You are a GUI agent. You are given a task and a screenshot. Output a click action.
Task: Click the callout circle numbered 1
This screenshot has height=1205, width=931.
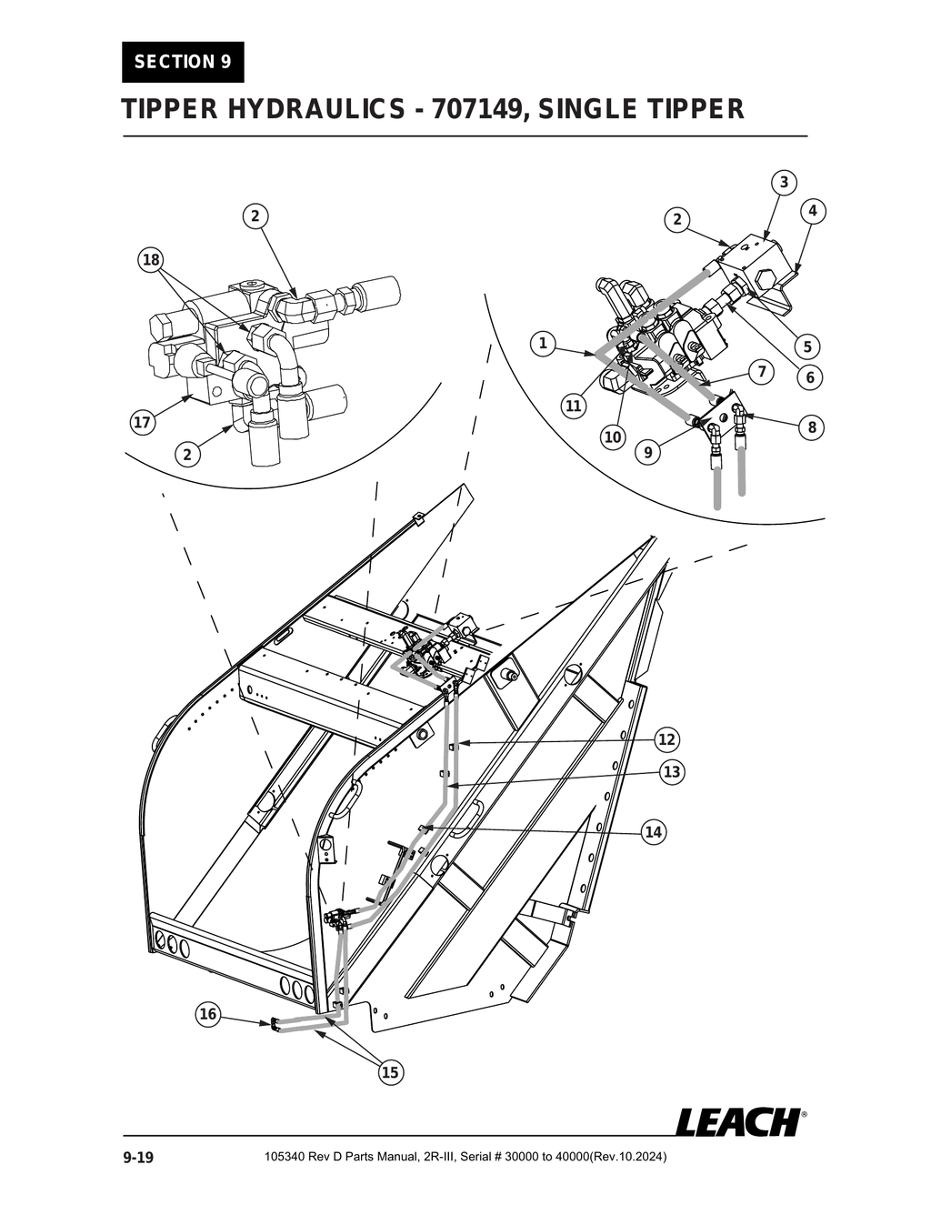coord(543,343)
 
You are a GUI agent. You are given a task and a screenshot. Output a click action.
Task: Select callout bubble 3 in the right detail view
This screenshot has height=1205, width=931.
coord(784,182)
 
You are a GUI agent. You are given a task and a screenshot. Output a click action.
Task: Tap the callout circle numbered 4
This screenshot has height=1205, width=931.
coord(812,211)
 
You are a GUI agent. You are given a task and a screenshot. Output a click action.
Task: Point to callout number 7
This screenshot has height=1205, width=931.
coord(761,371)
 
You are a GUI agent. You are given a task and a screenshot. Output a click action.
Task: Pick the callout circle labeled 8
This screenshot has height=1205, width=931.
coord(812,427)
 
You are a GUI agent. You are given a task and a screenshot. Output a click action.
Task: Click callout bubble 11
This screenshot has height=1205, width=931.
coord(573,406)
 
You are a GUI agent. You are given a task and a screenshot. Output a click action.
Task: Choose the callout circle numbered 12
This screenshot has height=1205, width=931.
coord(667,738)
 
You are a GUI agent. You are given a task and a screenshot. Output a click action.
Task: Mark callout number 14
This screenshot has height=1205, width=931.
coord(653,831)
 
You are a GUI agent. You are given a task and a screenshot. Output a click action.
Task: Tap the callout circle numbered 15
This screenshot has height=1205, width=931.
coord(389,1072)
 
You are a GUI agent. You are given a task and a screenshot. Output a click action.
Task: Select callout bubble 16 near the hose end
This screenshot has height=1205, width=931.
coord(208,1014)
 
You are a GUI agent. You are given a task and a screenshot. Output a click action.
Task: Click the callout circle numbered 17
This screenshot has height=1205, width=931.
coord(142,423)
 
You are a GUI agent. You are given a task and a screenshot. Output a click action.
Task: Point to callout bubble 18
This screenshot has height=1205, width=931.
coord(150,260)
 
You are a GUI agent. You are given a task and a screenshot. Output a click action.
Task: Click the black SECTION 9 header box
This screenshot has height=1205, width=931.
coord(183,62)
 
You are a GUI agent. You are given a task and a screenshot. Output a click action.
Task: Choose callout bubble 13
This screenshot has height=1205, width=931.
coord(672,772)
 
